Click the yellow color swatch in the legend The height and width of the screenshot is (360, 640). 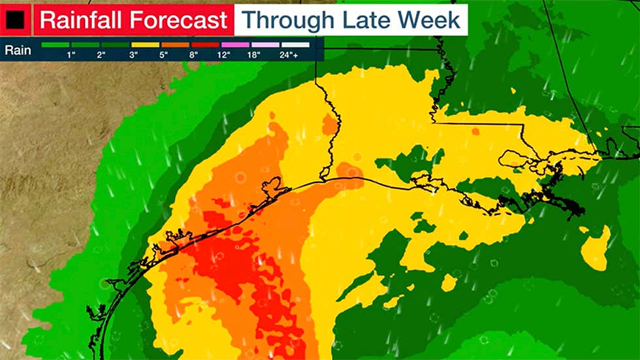(x=146, y=45)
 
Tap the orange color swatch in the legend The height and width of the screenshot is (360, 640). (x=176, y=45)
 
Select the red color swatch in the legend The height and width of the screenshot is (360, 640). (x=206, y=45)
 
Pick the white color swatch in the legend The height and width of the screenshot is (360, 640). (x=295, y=45)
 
